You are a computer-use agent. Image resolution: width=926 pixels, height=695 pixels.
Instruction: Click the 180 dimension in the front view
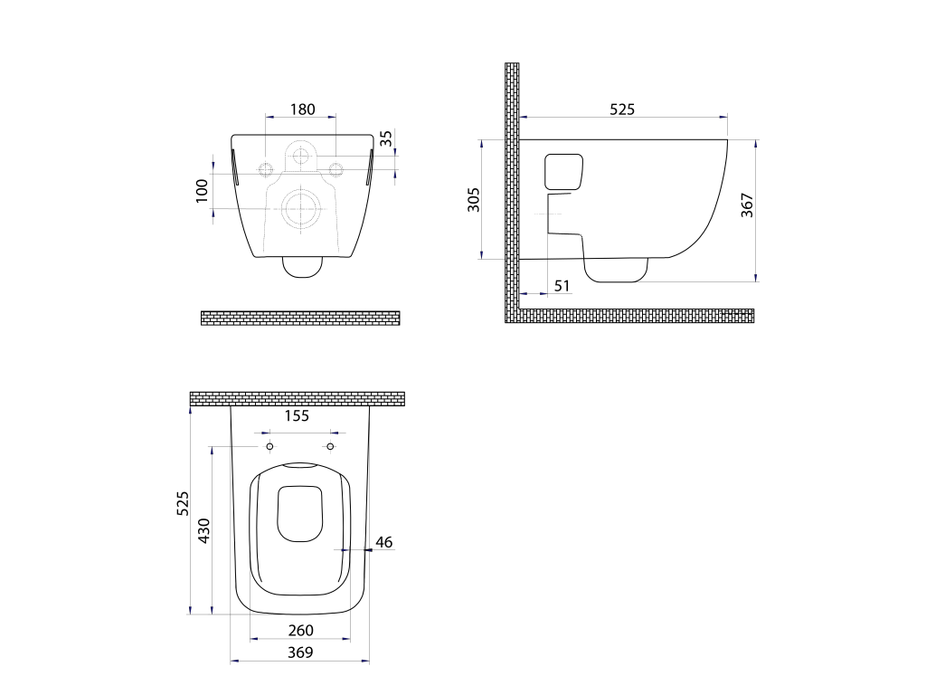pyautogui.click(x=302, y=109)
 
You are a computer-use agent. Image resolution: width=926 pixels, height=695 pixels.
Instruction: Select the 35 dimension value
pyautogui.click(x=385, y=138)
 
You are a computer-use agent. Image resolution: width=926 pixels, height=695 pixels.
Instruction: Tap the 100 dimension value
pyautogui.click(x=202, y=191)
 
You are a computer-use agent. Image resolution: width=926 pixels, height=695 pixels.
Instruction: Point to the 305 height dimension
pyautogui.click(x=474, y=200)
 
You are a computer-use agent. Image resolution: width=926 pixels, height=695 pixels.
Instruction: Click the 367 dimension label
pyautogui.click(x=747, y=205)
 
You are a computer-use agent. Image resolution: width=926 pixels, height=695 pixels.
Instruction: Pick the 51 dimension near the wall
pyautogui.click(x=562, y=286)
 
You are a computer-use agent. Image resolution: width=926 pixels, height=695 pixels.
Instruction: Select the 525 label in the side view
pyautogui.click(x=622, y=109)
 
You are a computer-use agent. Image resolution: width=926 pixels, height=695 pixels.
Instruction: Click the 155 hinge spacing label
pyautogui.click(x=297, y=416)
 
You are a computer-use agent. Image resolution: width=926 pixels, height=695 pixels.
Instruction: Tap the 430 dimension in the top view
pyautogui.click(x=203, y=530)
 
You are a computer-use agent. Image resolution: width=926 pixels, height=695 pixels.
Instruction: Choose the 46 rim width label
pyautogui.click(x=383, y=542)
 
